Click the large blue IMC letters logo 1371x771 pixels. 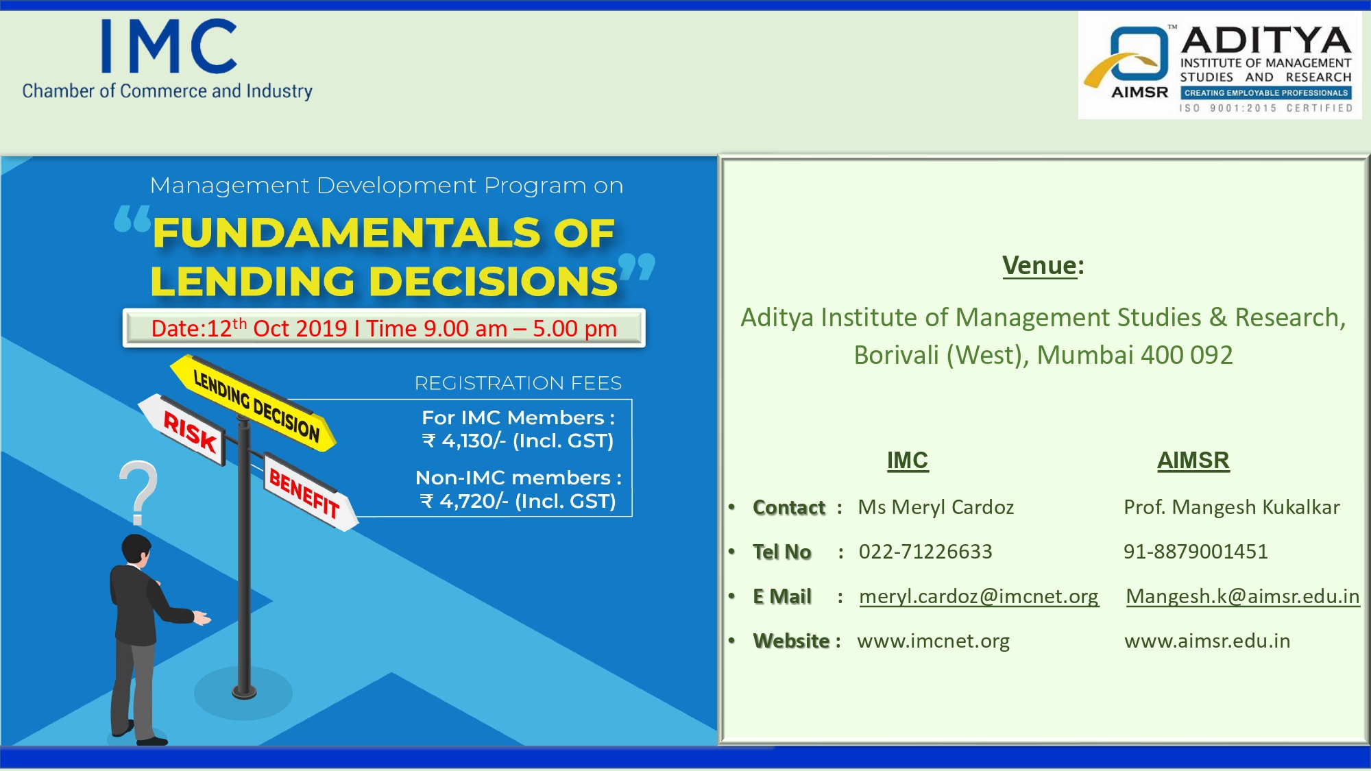click(x=169, y=46)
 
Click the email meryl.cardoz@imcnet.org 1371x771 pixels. click(x=979, y=596)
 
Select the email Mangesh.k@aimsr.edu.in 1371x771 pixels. click(x=1243, y=596)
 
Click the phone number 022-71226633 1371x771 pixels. click(x=925, y=552)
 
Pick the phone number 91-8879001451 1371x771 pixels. click(x=1196, y=552)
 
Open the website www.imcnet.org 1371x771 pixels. click(x=934, y=641)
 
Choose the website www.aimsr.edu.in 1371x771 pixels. click(x=1207, y=641)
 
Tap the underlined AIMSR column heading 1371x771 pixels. click(x=1193, y=461)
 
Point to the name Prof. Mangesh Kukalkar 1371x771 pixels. click(x=1232, y=507)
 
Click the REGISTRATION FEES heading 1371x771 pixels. click(x=518, y=383)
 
